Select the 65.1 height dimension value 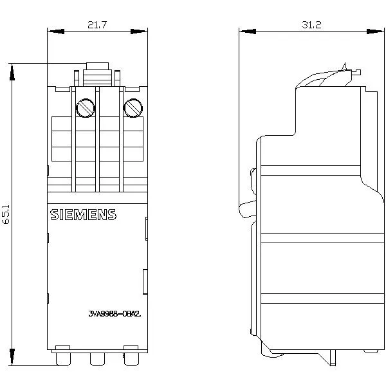6,214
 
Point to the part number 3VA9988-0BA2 113,314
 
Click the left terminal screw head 85,108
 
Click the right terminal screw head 132,107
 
